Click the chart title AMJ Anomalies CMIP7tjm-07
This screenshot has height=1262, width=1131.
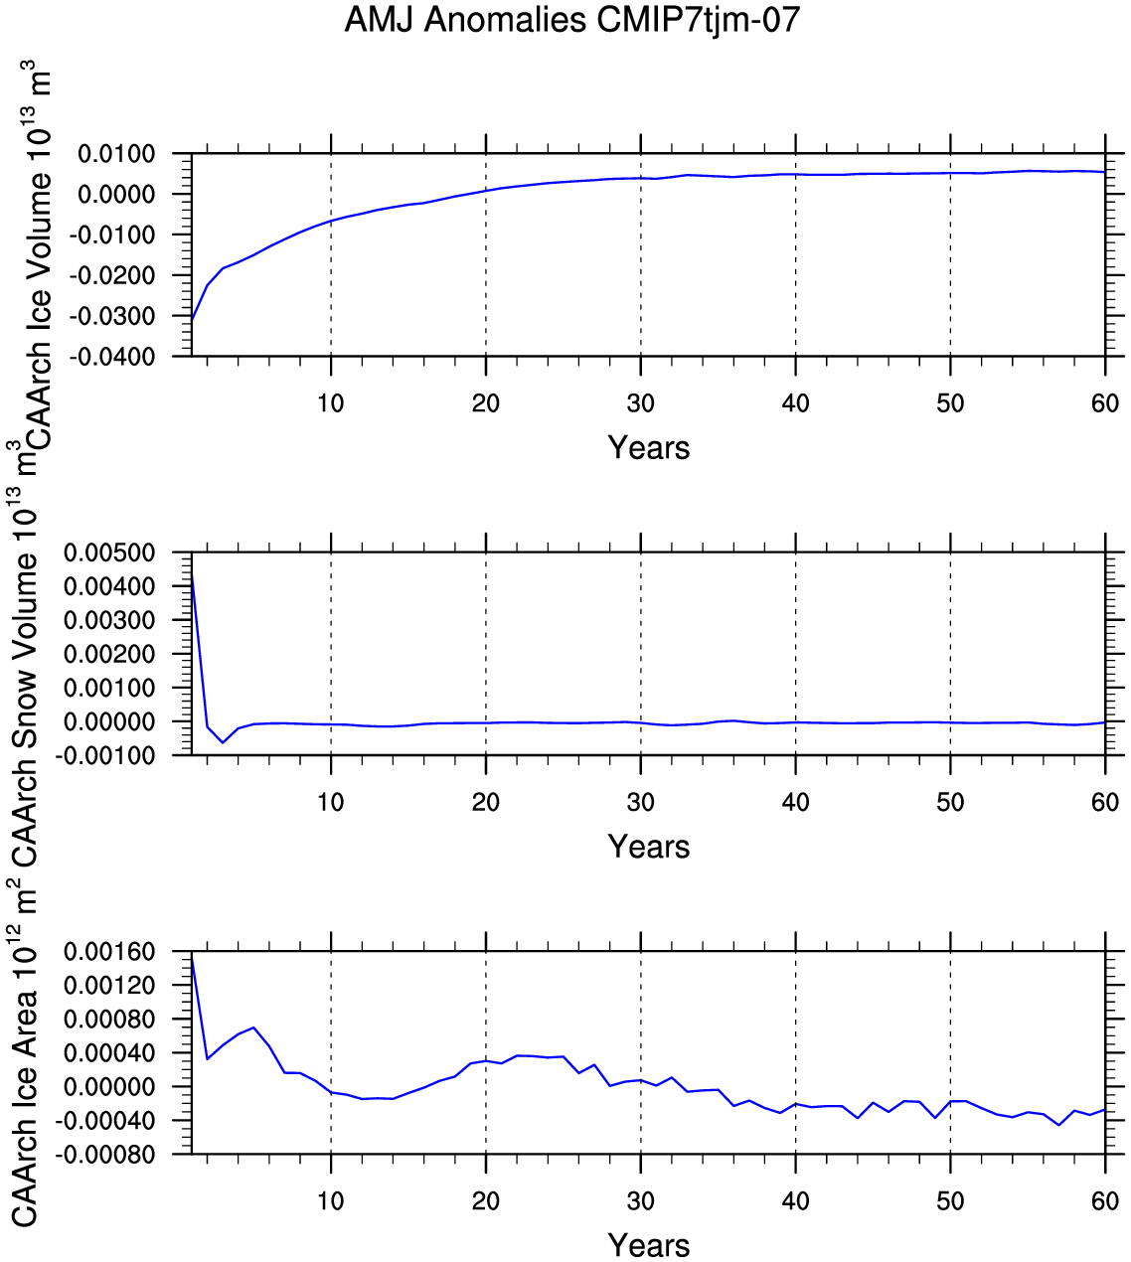click(x=572, y=20)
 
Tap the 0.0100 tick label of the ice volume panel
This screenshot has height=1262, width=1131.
click(x=116, y=154)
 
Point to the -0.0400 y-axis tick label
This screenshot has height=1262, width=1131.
click(x=112, y=357)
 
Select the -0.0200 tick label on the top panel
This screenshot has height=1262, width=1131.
click(x=112, y=275)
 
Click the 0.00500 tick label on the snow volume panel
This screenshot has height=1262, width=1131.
click(x=109, y=552)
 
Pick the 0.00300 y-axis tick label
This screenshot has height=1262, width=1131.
click(x=109, y=620)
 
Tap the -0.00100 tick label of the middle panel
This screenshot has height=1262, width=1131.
click(x=105, y=755)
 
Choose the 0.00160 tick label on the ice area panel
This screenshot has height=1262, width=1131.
click(x=109, y=952)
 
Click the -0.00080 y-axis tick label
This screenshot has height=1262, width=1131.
click(x=105, y=1155)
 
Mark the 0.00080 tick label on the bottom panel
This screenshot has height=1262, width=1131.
click(x=109, y=1020)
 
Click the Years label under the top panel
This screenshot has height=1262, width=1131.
click(x=649, y=447)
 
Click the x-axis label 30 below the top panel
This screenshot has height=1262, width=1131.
click(x=641, y=403)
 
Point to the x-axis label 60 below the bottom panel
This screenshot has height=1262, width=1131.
click(x=1105, y=1201)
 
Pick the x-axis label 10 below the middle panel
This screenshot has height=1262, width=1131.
click(x=330, y=802)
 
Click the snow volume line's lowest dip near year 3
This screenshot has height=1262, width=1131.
click(x=223, y=742)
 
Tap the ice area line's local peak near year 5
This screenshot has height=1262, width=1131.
click(x=253, y=1027)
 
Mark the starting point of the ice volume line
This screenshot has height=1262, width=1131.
click(x=192, y=320)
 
